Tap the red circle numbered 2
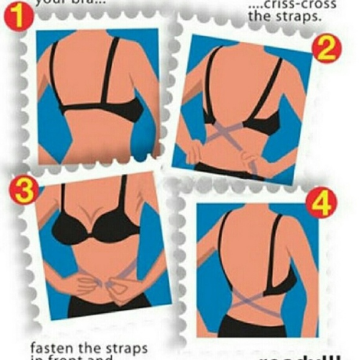pos(326,50)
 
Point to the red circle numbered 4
pos(322,203)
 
